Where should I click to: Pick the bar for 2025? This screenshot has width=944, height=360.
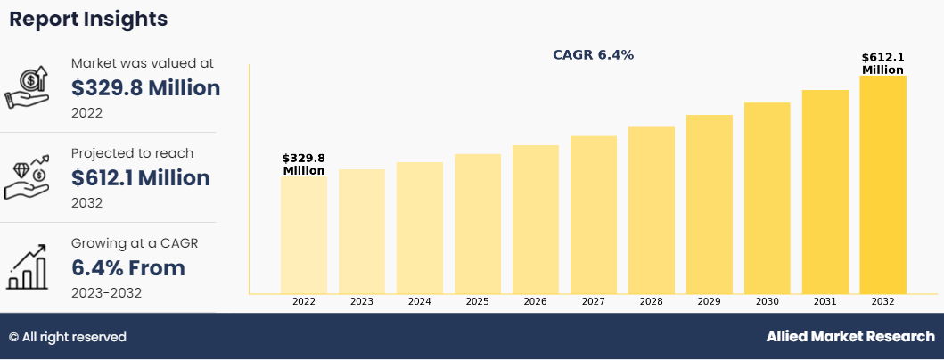point(478,224)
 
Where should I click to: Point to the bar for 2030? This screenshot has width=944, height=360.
point(768,198)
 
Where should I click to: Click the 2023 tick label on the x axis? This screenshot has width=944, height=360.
point(362,302)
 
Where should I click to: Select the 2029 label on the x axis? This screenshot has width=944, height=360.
point(710,302)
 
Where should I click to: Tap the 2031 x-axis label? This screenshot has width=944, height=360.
point(825,302)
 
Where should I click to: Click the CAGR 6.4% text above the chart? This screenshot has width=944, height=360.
point(594,55)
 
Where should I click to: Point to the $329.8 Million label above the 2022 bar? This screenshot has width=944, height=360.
point(304,164)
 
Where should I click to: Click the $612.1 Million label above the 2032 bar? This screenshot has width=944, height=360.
point(882,64)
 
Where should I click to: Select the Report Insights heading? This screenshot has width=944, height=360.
point(88,19)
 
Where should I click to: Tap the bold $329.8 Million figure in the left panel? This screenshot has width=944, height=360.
point(145,88)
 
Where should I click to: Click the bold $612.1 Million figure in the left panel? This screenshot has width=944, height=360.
point(141,178)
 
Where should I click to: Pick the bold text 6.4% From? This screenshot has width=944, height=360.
point(128,268)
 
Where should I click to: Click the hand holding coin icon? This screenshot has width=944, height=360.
point(27,88)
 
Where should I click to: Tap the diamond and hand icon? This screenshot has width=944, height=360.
point(27,178)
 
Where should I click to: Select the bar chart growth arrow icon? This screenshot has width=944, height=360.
point(27,268)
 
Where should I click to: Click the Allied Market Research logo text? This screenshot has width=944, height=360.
point(850,337)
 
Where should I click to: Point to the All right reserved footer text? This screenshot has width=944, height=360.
point(68,337)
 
